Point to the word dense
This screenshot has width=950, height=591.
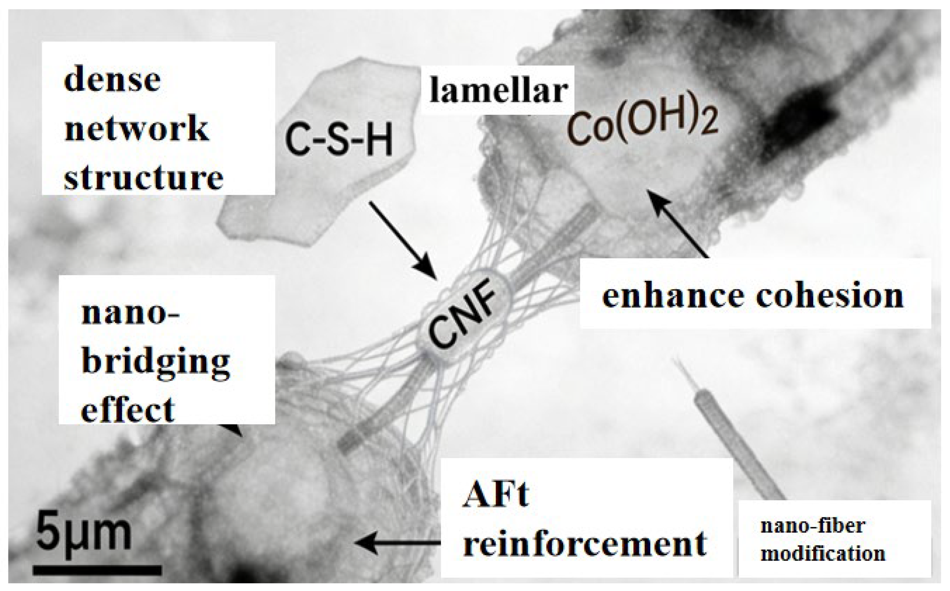[112, 80]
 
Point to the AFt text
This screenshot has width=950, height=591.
[496, 494]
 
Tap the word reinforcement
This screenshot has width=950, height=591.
[585, 543]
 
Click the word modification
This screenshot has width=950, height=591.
[823, 554]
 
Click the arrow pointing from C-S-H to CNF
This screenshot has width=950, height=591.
[403, 240]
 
